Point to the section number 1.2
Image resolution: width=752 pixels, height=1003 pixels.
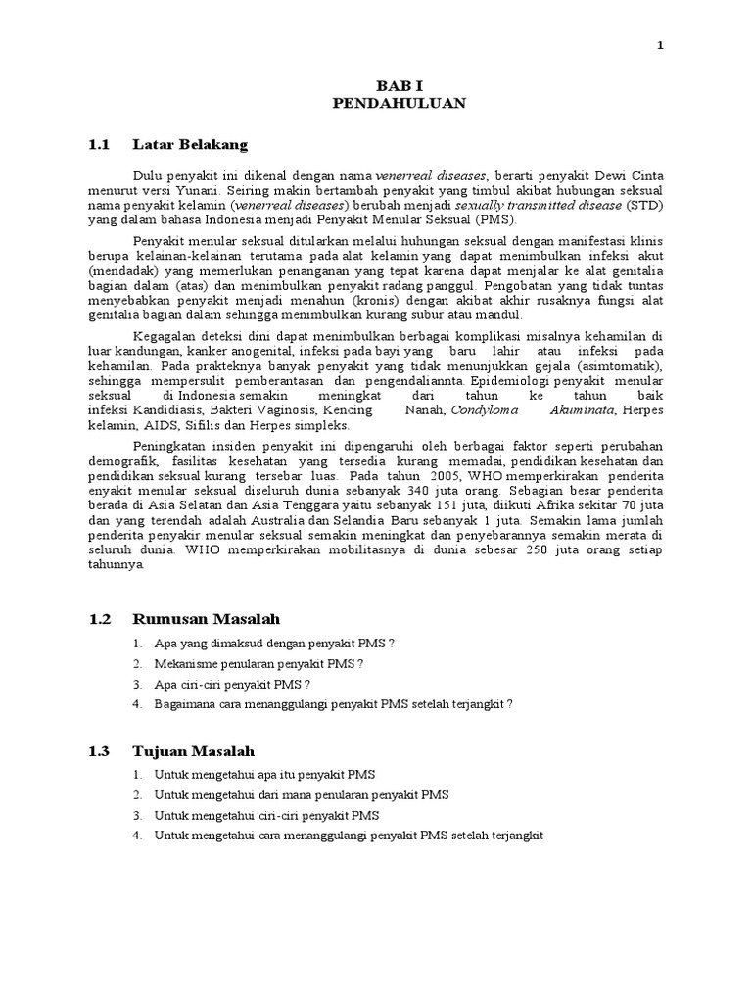pos(100,619)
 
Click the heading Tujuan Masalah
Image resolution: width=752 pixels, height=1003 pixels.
pos(194,751)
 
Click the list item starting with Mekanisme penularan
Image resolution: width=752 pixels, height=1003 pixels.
pos(258,664)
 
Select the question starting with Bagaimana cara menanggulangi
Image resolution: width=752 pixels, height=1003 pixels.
pos(333,703)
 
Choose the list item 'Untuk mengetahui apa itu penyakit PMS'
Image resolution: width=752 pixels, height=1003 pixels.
pos(264,775)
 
